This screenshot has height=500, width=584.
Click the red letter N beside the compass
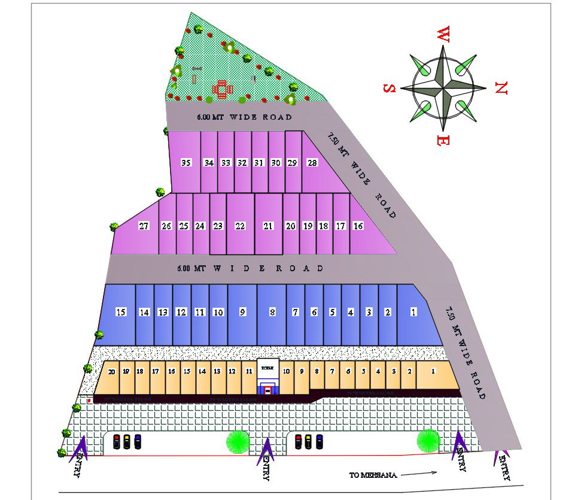point(501,89)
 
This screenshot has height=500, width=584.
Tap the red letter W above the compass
point(443,34)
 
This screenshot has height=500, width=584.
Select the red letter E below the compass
point(443,141)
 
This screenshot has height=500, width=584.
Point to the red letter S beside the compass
point(389,89)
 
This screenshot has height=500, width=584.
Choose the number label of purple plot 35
point(185,163)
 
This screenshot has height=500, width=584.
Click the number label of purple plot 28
point(312,163)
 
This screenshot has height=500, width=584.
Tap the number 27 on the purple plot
point(144,226)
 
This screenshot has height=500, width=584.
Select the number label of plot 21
point(268,226)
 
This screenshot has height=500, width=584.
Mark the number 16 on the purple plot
point(358,226)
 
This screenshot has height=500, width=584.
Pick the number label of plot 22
point(240,226)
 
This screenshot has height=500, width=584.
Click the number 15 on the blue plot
point(121,312)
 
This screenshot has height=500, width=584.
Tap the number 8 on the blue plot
point(272,312)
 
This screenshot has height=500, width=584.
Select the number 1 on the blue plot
point(413,312)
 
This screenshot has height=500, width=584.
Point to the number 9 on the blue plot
point(242,312)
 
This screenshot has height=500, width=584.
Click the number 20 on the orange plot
point(111,371)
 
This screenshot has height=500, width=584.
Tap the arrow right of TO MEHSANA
point(418,474)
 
